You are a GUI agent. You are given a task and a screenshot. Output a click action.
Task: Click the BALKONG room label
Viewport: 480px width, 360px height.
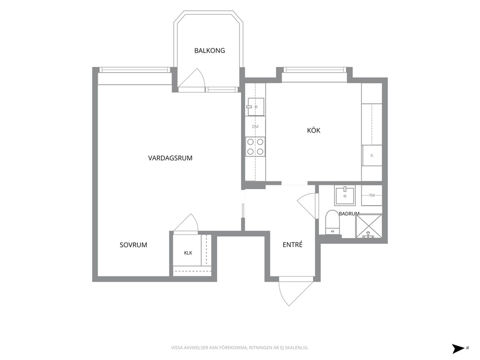click(x=210, y=50)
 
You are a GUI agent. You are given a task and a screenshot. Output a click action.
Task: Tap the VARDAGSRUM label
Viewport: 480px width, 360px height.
click(x=170, y=158)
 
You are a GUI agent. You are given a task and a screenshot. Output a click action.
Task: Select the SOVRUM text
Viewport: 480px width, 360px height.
click(x=133, y=245)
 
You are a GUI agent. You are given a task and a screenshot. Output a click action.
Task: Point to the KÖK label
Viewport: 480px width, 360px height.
click(x=314, y=131)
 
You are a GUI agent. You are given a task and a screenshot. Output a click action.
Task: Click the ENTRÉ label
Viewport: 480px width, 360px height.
click(x=292, y=244)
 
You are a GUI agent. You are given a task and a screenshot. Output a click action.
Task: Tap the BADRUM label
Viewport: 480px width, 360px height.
click(x=349, y=214)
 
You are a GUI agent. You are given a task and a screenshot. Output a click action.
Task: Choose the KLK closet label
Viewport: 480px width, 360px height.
click(x=188, y=253)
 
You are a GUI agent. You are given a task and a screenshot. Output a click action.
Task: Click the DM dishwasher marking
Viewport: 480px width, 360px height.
click(x=255, y=126)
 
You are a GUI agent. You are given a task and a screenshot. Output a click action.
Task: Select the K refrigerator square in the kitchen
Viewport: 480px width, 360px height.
click(x=372, y=155)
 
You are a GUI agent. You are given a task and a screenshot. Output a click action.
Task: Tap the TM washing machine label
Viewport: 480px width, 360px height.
click(x=372, y=195)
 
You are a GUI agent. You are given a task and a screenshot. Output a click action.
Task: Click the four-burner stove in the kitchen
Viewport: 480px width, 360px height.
click(x=255, y=147)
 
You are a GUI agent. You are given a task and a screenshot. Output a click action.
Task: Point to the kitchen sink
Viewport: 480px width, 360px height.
click(x=255, y=107)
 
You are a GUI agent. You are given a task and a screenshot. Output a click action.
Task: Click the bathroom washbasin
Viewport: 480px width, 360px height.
click(x=345, y=195)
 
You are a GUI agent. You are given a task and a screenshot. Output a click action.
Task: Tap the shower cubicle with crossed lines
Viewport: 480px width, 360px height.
click(x=369, y=226)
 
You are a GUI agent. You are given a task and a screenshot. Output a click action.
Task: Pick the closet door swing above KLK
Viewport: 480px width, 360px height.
click(x=186, y=223)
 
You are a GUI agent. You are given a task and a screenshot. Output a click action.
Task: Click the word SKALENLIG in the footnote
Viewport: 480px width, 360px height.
click(x=297, y=348)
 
